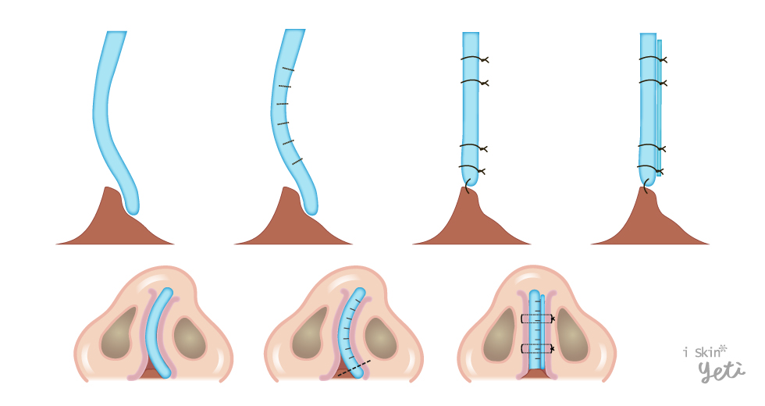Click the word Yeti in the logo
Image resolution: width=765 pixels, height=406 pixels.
tap(721, 372)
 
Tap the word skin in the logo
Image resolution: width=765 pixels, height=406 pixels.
tap(707, 352)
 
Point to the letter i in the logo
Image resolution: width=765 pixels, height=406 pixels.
tap(685, 352)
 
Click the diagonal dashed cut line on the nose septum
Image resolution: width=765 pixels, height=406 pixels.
tap(354, 368)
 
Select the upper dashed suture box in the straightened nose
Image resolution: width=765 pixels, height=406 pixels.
tap(537, 319)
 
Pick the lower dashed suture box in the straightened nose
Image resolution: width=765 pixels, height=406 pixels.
tap(537, 348)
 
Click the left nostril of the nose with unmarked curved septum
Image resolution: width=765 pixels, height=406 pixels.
tap(117, 333)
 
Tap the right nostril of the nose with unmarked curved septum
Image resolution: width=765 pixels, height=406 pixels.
tap(189, 337)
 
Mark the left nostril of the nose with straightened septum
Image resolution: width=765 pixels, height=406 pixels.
tap(500, 334)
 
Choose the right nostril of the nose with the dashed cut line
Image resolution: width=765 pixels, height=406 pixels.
tap(379, 337)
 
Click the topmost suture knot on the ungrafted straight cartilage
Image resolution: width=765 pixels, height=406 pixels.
tap(484, 60)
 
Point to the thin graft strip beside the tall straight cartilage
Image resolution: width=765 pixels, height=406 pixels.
tap(660, 108)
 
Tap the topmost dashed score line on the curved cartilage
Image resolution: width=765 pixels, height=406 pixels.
tap(288, 69)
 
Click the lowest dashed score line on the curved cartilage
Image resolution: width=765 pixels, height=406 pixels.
tap(297, 162)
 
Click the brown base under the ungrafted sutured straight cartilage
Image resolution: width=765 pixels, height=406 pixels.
tap(471, 219)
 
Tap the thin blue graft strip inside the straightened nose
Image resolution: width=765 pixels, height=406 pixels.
tap(543, 332)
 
